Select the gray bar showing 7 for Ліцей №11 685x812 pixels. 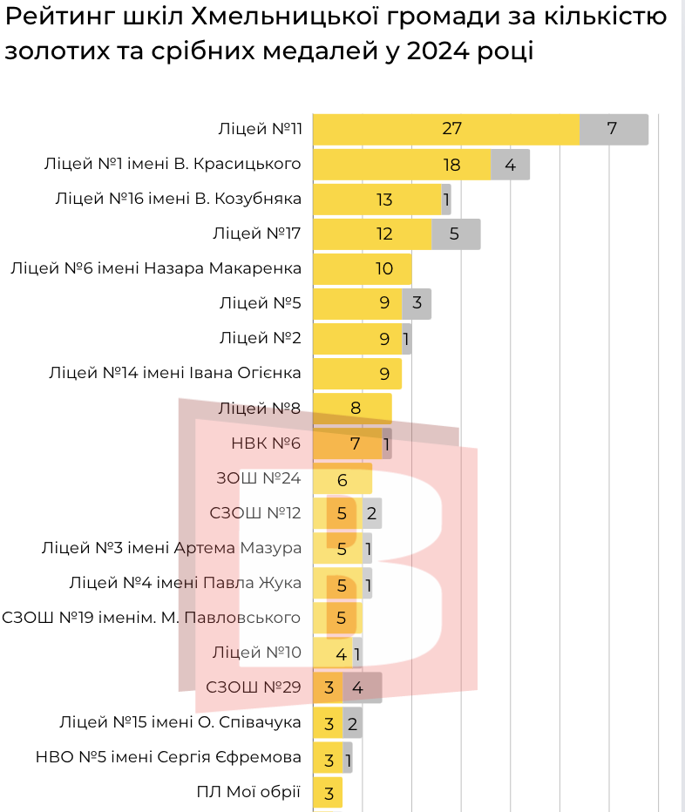pyautogui.click(x=614, y=129)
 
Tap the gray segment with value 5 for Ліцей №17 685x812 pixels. pyautogui.click(x=456, y=233)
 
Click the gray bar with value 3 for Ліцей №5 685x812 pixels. pyautogui.click(x=417, y=303)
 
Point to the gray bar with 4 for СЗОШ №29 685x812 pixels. pyautogui.click(x=362, y=687)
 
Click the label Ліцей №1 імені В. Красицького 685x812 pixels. pyautogui.click(x=173, y=164)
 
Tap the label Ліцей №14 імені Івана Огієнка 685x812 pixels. pyautogui.click(x=176, y=373)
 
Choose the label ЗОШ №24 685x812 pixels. pyautogui.click(x=258, y=478)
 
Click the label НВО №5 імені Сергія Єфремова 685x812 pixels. pyautogui.click(x=168, y=757)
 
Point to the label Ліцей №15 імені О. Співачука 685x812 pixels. pyautogui.click(x=180, y=722)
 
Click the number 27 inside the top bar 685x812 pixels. pyautogui.click(x=451, y=129)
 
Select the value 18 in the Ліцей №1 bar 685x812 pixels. pyautogui.click(x=451, y=164)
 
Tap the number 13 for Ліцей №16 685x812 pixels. pyautogui.click(x=384, y=199)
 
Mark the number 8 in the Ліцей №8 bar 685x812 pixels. pyautogui.click(x=356, y=409)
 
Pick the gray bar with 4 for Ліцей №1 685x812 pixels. pyautogui.click(x=510, y=164)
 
